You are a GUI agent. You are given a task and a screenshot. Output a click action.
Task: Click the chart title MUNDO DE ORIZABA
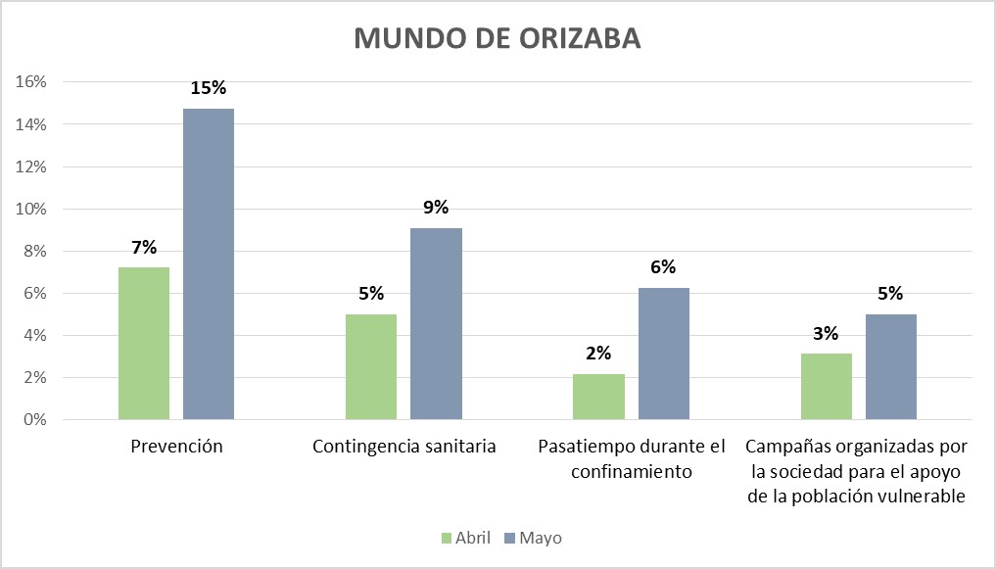click(498, 37)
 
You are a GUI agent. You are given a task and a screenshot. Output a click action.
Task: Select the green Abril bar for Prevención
click(144, 343)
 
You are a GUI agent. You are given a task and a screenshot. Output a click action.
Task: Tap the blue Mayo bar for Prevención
click(209, 264)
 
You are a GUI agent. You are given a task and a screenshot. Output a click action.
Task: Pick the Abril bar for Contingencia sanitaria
click(371, 366)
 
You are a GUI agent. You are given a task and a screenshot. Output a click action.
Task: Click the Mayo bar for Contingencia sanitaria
click(436, 323)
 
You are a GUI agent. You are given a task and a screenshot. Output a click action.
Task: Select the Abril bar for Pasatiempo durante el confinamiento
click(598, 397)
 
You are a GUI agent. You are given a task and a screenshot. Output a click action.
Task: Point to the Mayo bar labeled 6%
click(664, 354)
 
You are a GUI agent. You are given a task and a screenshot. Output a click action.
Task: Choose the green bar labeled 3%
click(827, 386)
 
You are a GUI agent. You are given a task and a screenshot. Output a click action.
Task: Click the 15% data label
click(208, 88)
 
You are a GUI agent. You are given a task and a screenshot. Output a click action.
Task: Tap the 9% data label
click(436, 207)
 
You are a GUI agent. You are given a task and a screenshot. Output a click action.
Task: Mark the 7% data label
click(144, 247)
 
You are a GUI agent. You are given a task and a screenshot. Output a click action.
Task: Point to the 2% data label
click(598, 353)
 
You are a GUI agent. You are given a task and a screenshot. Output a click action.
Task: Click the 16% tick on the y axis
click(31, 82)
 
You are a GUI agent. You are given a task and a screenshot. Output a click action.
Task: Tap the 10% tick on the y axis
click(31, 209)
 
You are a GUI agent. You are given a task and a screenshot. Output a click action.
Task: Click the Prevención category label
click(176, 447)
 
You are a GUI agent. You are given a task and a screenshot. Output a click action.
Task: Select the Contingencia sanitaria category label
click(404, 447)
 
